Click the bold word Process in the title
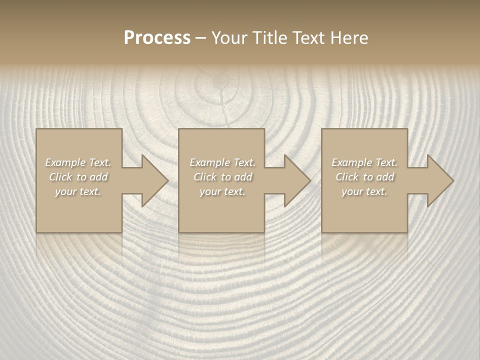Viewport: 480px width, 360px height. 157,38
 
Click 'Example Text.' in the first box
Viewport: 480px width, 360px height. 78,162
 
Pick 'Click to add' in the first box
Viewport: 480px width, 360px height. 78,177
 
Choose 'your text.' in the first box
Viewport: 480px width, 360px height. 78,191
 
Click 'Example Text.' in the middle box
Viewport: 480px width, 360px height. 222,162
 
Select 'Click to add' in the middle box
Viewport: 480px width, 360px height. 222,177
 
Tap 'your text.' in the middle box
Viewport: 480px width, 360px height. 222,191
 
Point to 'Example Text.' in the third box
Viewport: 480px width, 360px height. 364,162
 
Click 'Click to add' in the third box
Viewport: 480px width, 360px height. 364,177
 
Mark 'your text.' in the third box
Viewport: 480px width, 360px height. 364,191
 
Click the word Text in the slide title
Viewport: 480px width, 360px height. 306,38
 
